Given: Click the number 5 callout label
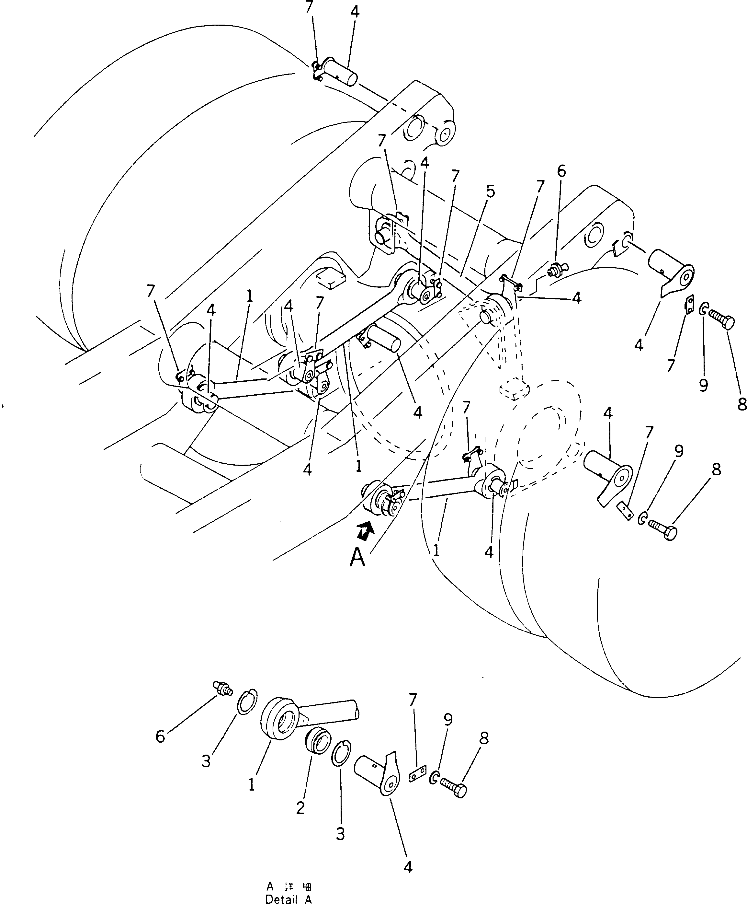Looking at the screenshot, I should pyautogui.click(x=490, y=191).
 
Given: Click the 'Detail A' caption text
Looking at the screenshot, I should pyautogui.click(x=288, y=899).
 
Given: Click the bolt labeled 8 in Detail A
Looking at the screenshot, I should pyautogui.click(x=454, y=790).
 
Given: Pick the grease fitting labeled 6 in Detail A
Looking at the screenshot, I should pyautogui.click(x=222, y=688).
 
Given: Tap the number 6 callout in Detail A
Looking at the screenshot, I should pyautogui.click(x=160, y=736).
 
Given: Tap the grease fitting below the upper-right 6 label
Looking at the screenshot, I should pyautogui.click(x=555, y=270).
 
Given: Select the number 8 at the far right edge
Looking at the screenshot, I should pyautogui.click(x=741, y=404).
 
